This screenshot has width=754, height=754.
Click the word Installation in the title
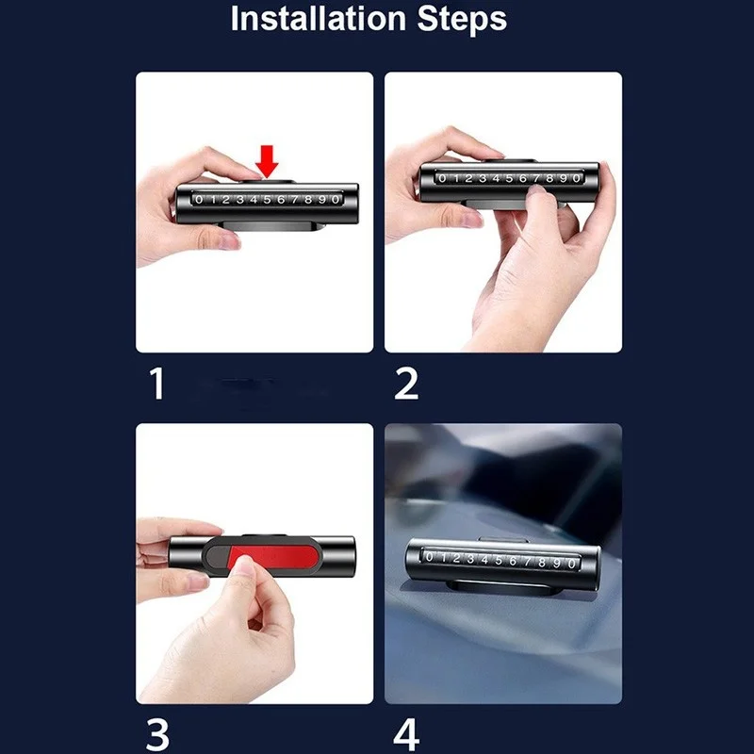pos(319,19)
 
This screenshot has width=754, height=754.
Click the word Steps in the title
pos(462,19)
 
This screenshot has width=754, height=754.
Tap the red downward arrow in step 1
pos(267,161)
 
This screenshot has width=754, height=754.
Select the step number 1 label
pos(157,384)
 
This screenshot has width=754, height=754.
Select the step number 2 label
pos(406,384)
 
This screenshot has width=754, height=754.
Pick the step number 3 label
pos(157,734)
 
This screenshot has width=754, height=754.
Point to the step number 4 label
pos(406,734)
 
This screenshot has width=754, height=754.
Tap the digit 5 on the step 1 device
pos(268,200)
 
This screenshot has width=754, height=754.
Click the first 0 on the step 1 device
pos(200,199)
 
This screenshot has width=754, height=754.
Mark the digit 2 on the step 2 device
pos(468,178)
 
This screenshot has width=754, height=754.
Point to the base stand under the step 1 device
pos(270,226)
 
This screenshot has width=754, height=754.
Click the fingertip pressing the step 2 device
pos(536,190)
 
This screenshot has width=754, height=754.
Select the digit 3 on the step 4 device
pos(470,559)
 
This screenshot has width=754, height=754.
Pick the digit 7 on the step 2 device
pos(536,178)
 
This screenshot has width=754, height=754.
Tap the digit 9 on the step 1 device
pos(322,200)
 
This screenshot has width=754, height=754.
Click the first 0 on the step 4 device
pos(430,557)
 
